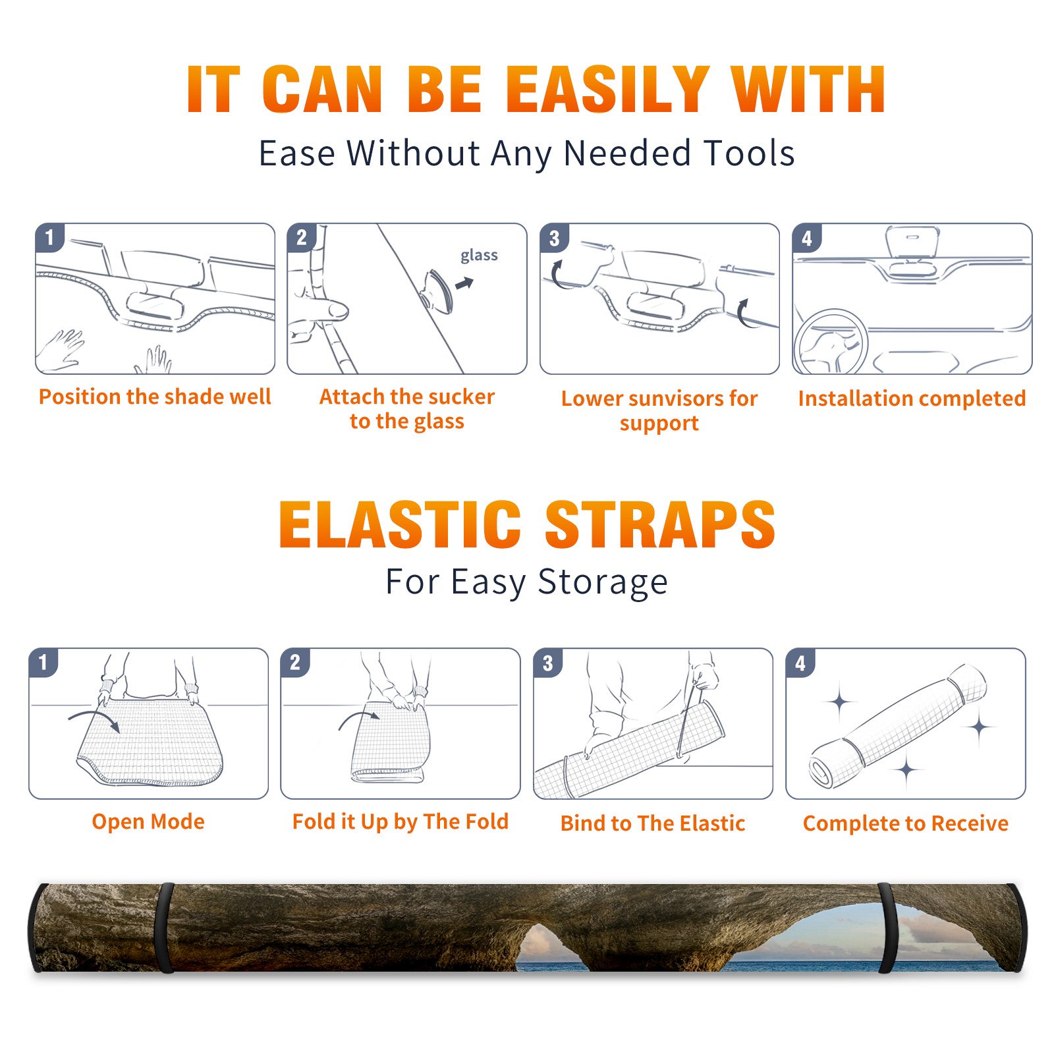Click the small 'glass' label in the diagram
(479, 256)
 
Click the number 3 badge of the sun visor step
(554, 238)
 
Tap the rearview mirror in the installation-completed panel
(912, 242)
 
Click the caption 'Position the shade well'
(155, 397)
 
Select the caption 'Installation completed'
(912, 398)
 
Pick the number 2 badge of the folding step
(294, 662)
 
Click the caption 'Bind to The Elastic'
(653, 823)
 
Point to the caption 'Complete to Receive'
(906, 823)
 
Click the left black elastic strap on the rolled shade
(165, 928)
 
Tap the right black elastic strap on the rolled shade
(887, 928)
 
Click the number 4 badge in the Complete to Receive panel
(800, 662)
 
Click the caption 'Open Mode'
(148, 821)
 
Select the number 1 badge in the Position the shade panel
(49, 237)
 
